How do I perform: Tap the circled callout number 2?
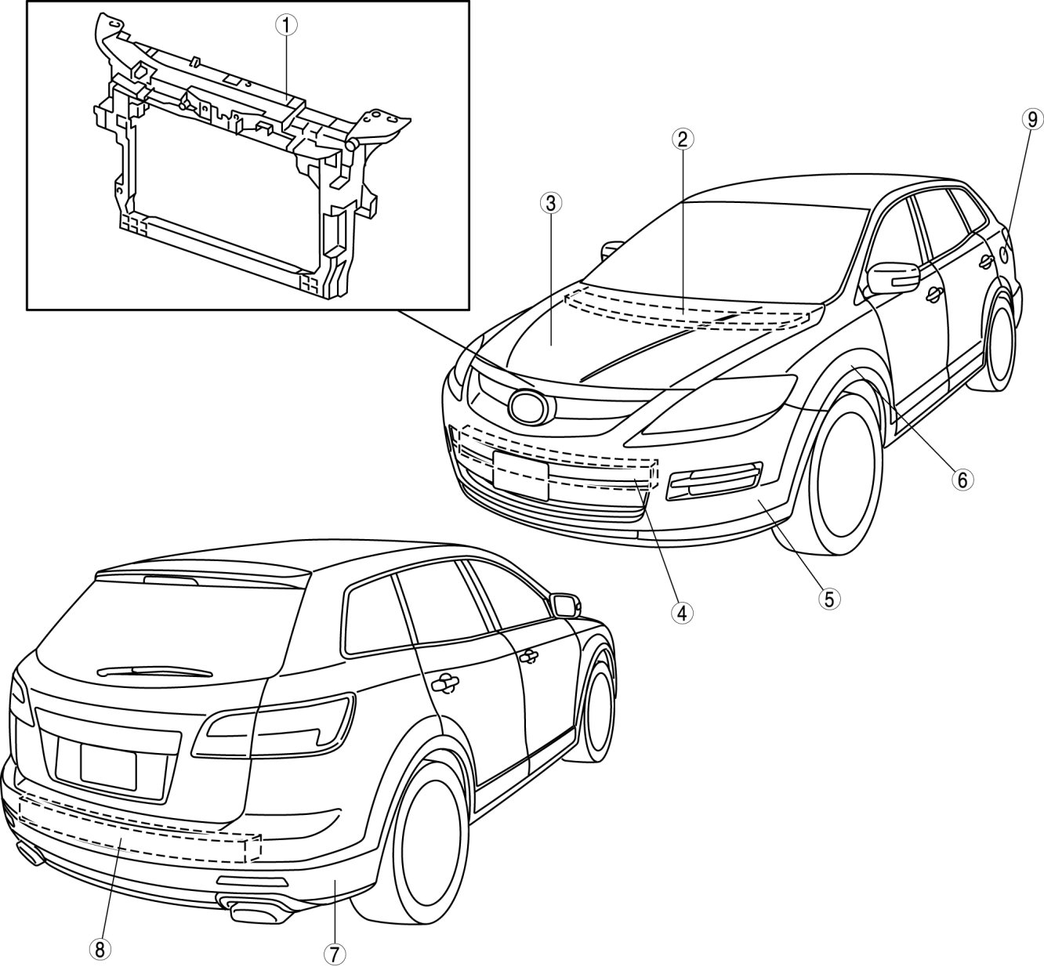(x=682, y=139)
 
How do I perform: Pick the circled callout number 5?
(x=828, y=599)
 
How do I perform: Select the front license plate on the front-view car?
(x=520, y=476)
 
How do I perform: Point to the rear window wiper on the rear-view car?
(x=157, y=671)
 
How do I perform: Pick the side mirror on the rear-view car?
(x=565, y=605)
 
